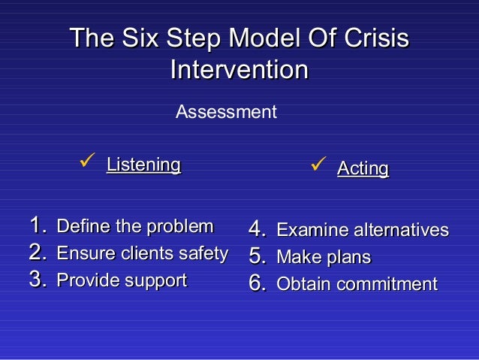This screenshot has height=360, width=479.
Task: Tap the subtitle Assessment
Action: click(226, 113)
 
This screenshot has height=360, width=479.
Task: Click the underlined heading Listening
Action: click(143, 164)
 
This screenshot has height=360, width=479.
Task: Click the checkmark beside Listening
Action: click(85, 162)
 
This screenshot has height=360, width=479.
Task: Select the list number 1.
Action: click(38, 225)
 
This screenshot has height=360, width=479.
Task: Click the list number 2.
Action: click(38, 253)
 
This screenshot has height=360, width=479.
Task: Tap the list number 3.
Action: click(38, 280)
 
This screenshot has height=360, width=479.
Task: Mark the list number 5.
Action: click(258, 257)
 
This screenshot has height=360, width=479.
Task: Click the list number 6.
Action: click(258, 284)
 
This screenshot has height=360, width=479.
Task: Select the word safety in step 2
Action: click(205, 253)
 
